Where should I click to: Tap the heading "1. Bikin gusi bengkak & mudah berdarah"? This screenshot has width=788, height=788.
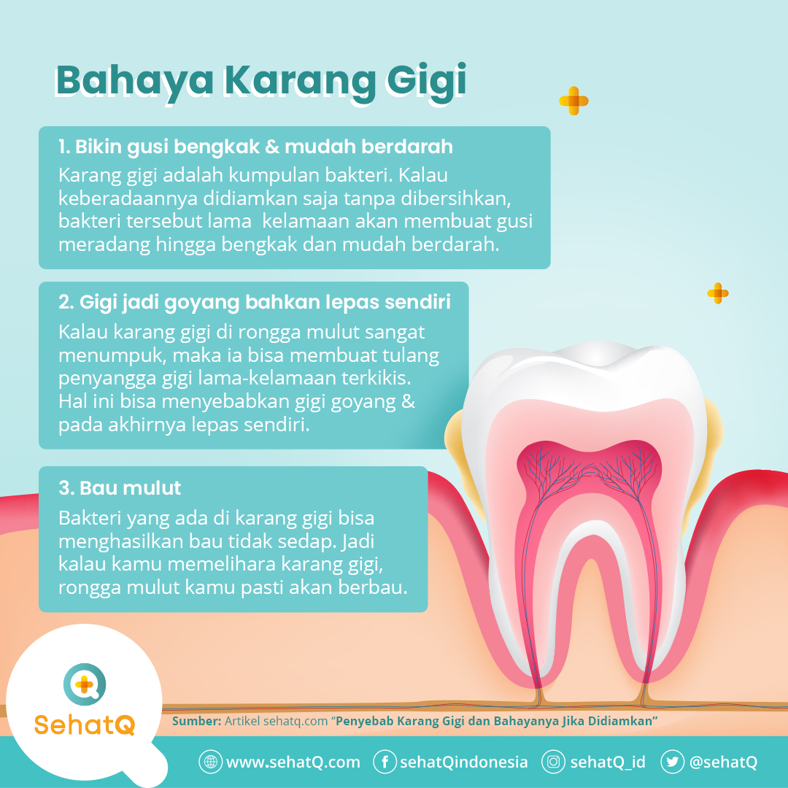[255, 147]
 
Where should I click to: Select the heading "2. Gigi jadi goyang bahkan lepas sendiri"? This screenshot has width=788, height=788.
[254, 302]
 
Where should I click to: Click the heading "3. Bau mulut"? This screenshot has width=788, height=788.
[120, 487]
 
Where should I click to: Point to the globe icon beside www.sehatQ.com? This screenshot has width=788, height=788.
[210, 762]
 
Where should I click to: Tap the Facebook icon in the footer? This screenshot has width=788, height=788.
[385, 762]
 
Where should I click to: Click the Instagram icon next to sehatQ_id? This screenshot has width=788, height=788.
[554, 762]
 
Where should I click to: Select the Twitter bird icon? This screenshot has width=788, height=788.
[672, 762]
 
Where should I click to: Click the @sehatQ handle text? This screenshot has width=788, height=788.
[723, 762]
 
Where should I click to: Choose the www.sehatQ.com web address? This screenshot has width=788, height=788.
[293, 762]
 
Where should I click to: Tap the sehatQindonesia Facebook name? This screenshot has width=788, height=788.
[463, 762]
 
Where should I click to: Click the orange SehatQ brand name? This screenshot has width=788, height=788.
[85, 725]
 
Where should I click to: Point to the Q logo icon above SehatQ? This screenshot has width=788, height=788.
[85, 684]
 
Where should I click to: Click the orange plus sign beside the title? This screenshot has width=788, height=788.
[573, 101]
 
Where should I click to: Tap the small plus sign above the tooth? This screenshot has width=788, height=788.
[718, 293]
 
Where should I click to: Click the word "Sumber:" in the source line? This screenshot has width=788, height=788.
[196, 721]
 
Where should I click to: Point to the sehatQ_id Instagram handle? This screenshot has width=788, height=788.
[608, 762]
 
